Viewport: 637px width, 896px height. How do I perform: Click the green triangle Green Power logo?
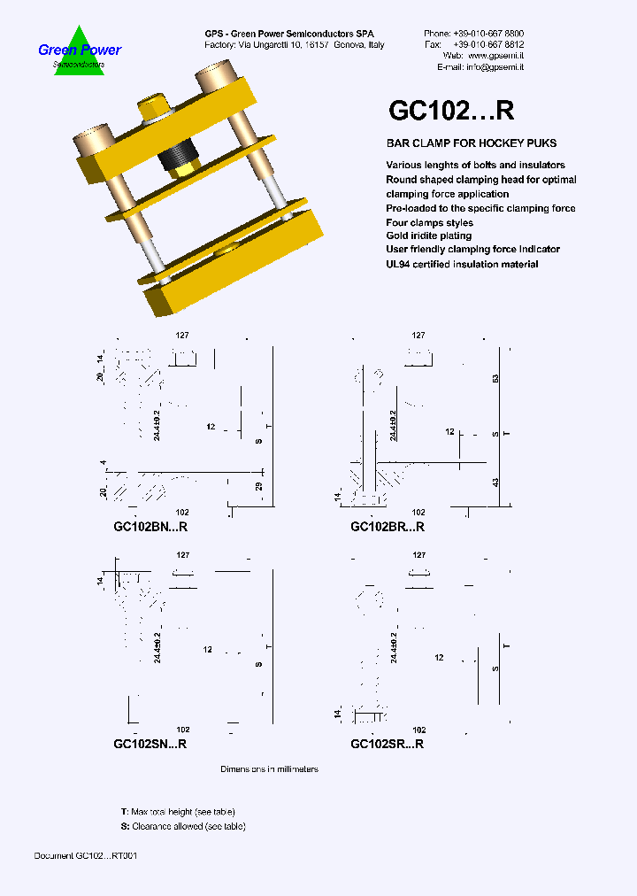(80, 51)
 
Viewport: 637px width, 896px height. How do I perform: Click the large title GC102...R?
(451, 110)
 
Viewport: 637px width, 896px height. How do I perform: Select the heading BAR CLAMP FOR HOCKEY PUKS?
(472, 143)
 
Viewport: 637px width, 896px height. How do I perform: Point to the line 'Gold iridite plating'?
(429, 236)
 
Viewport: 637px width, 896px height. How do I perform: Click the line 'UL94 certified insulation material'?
(462, 264)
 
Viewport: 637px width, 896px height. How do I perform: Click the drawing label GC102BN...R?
(150, 527)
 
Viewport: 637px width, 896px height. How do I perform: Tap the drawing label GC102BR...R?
(388, 527)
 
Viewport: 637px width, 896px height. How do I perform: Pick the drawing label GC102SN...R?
(150, 745)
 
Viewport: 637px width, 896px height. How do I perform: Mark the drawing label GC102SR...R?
(388, 745)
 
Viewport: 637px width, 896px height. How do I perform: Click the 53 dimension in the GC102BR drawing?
(496, 377)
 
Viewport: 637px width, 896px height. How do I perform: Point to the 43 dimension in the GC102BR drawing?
(496, 483)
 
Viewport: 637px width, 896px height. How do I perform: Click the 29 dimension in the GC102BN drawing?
(259, 487)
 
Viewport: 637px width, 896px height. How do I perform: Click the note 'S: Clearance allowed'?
(183, 826)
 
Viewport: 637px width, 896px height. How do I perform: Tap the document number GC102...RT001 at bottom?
(85, 856)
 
